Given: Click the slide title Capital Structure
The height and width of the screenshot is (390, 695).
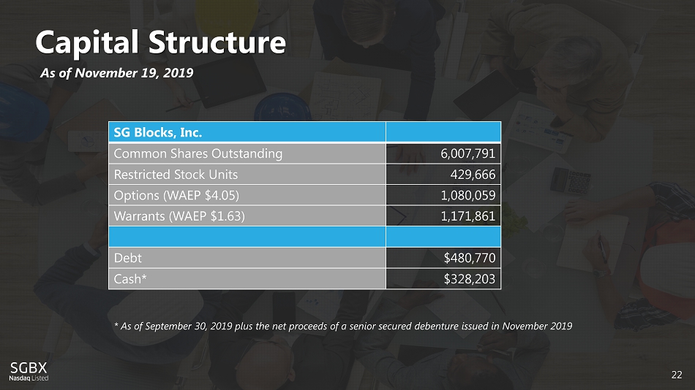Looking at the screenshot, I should click(161, 42).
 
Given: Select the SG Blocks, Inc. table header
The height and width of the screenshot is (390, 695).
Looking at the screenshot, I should click(158, 132).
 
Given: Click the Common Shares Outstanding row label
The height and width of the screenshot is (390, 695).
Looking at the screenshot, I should click(198, 153).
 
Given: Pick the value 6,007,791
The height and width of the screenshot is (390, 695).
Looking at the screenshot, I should click(468, 153).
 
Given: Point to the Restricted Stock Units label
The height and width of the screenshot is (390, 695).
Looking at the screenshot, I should click(176, 175).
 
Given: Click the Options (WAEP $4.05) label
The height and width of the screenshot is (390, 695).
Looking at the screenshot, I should click(176, 195).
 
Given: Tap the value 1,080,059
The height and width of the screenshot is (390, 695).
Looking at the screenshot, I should click(468, 195).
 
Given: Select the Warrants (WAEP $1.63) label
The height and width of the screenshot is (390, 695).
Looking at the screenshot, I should click(179, 216).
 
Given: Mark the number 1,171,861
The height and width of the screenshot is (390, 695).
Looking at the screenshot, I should click(468, 216).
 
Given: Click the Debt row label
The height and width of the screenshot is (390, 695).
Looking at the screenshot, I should click(128, 258).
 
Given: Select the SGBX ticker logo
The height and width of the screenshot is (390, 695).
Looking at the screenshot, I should click(29, 367).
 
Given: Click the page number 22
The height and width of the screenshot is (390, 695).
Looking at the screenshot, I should click(676, 375).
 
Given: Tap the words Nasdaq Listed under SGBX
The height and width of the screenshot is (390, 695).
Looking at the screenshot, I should click(29, 378).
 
